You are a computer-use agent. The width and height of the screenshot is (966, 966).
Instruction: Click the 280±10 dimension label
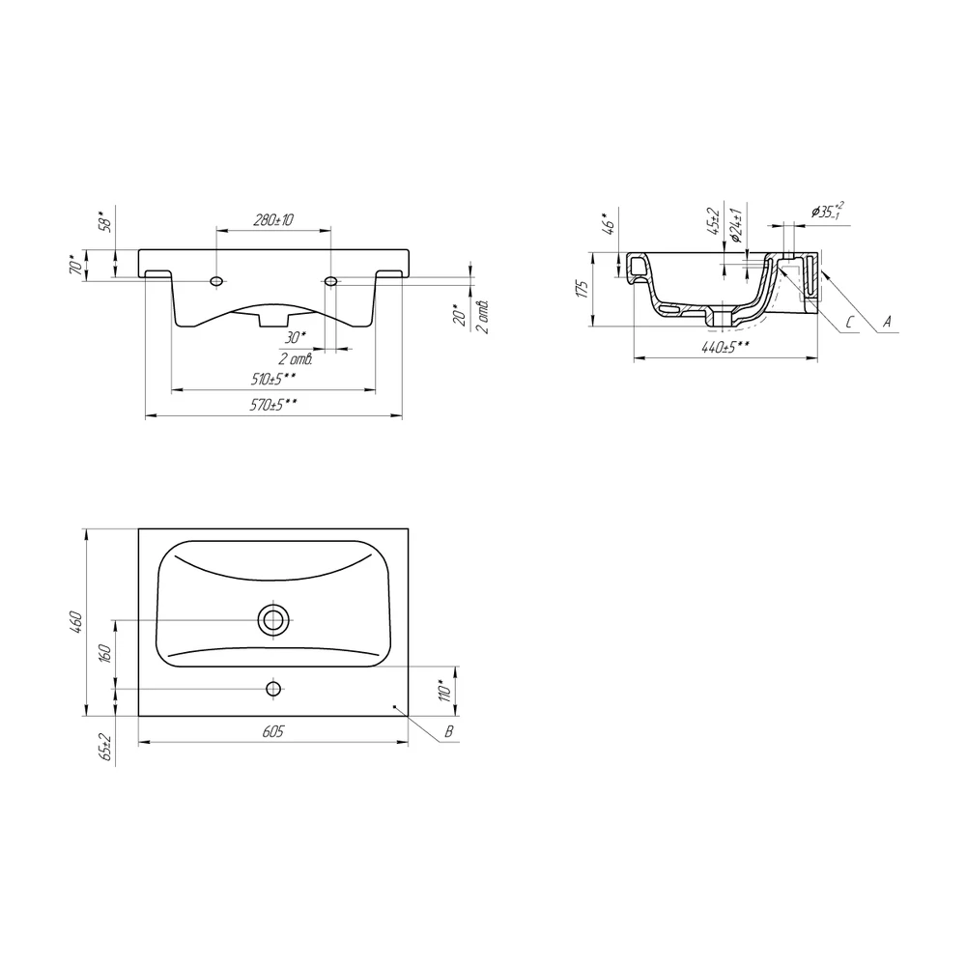[273, 220]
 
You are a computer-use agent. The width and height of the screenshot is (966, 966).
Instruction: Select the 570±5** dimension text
[274, 406]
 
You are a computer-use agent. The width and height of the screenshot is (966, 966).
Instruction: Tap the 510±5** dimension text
[273, 379]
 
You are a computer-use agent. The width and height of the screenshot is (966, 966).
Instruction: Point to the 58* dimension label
[107, 221]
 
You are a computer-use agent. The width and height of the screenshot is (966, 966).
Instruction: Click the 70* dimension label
[76, 266]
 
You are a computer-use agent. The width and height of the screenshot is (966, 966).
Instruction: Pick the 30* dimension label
[295, 337]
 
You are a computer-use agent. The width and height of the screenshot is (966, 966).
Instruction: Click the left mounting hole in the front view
[216, 281]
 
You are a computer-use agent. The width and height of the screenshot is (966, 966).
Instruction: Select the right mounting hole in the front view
[330, 281]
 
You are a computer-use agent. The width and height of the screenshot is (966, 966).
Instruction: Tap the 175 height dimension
[583, 288]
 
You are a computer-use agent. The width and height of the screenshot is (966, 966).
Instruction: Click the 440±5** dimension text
[725, 348]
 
